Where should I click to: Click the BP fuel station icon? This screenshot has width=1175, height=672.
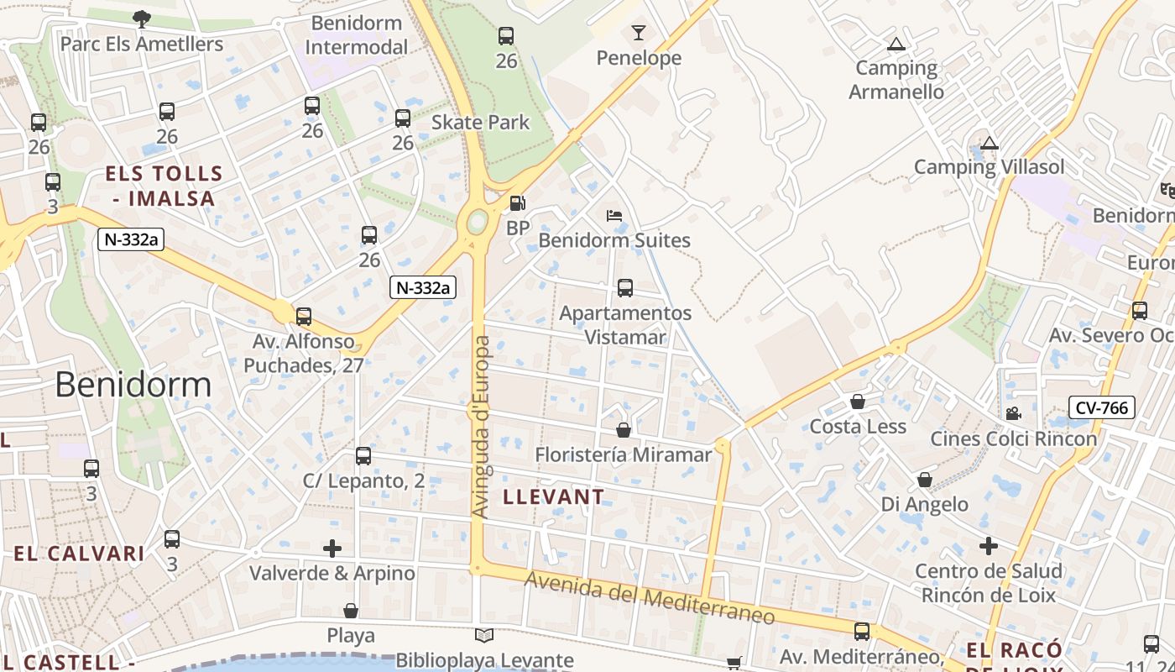518,203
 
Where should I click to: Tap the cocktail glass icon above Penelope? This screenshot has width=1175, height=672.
639,33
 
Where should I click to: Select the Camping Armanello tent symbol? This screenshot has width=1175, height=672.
896,44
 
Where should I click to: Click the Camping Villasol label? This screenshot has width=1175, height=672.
989,166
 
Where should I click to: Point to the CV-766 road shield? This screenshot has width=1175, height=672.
1103,408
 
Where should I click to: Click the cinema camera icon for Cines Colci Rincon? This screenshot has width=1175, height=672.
1013,413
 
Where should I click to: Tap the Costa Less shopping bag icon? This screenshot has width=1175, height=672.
858,402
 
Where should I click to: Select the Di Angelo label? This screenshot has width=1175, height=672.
924,504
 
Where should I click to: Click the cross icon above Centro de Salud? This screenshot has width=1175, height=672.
989,546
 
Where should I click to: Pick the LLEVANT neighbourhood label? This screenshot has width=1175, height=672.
554,496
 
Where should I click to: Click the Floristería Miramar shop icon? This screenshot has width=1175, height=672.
624,430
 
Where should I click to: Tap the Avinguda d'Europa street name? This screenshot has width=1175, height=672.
481,427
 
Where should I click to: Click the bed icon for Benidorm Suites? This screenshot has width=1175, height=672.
614,216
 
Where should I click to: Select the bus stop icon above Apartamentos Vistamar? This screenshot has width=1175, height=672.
625,288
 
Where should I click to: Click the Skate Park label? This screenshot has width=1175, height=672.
480,123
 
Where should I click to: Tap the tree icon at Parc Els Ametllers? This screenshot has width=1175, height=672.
142,18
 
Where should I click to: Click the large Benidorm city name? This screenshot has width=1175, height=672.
133,385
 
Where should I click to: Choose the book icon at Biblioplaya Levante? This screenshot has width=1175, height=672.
484,636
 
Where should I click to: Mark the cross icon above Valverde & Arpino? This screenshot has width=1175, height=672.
332,549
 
